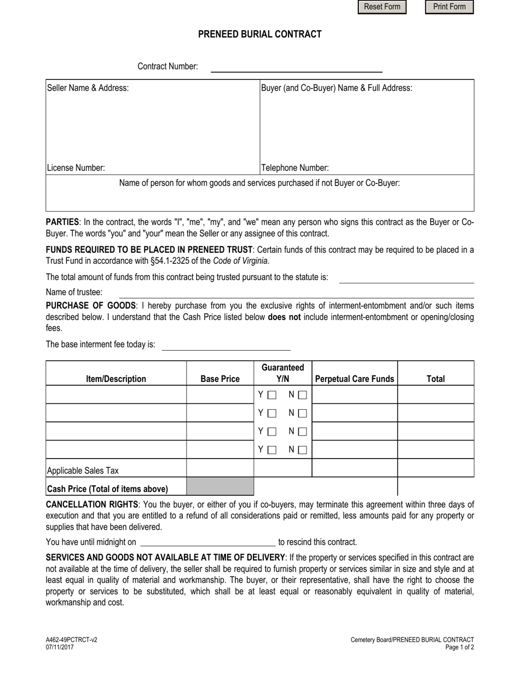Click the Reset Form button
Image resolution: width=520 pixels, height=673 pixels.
(x=382, y=7)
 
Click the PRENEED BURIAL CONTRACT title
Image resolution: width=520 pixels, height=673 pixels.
(x=259, y=34)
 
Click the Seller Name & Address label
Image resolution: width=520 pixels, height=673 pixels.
(x=88, y=88)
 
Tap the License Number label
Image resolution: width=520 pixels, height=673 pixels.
(x=76, y=168)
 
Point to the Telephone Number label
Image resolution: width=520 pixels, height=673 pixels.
(x=295, y=168)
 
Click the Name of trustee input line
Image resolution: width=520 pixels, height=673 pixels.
(x=296, y=293)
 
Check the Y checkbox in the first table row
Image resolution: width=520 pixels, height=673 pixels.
(x=272, y=394)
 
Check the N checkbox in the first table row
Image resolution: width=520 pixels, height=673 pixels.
(x=303, y=394)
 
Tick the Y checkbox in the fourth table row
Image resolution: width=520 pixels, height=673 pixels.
(x=272, y=450)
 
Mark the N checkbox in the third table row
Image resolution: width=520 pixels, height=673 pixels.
(x=303, y=432)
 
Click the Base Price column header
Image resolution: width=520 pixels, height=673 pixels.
(x=220, y=379)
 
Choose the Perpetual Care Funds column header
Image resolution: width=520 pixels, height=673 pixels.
(x=355, y=379)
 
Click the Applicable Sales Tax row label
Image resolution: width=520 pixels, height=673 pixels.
(x=83, y=471)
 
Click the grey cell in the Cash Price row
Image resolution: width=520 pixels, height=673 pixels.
(x=220, y=486)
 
